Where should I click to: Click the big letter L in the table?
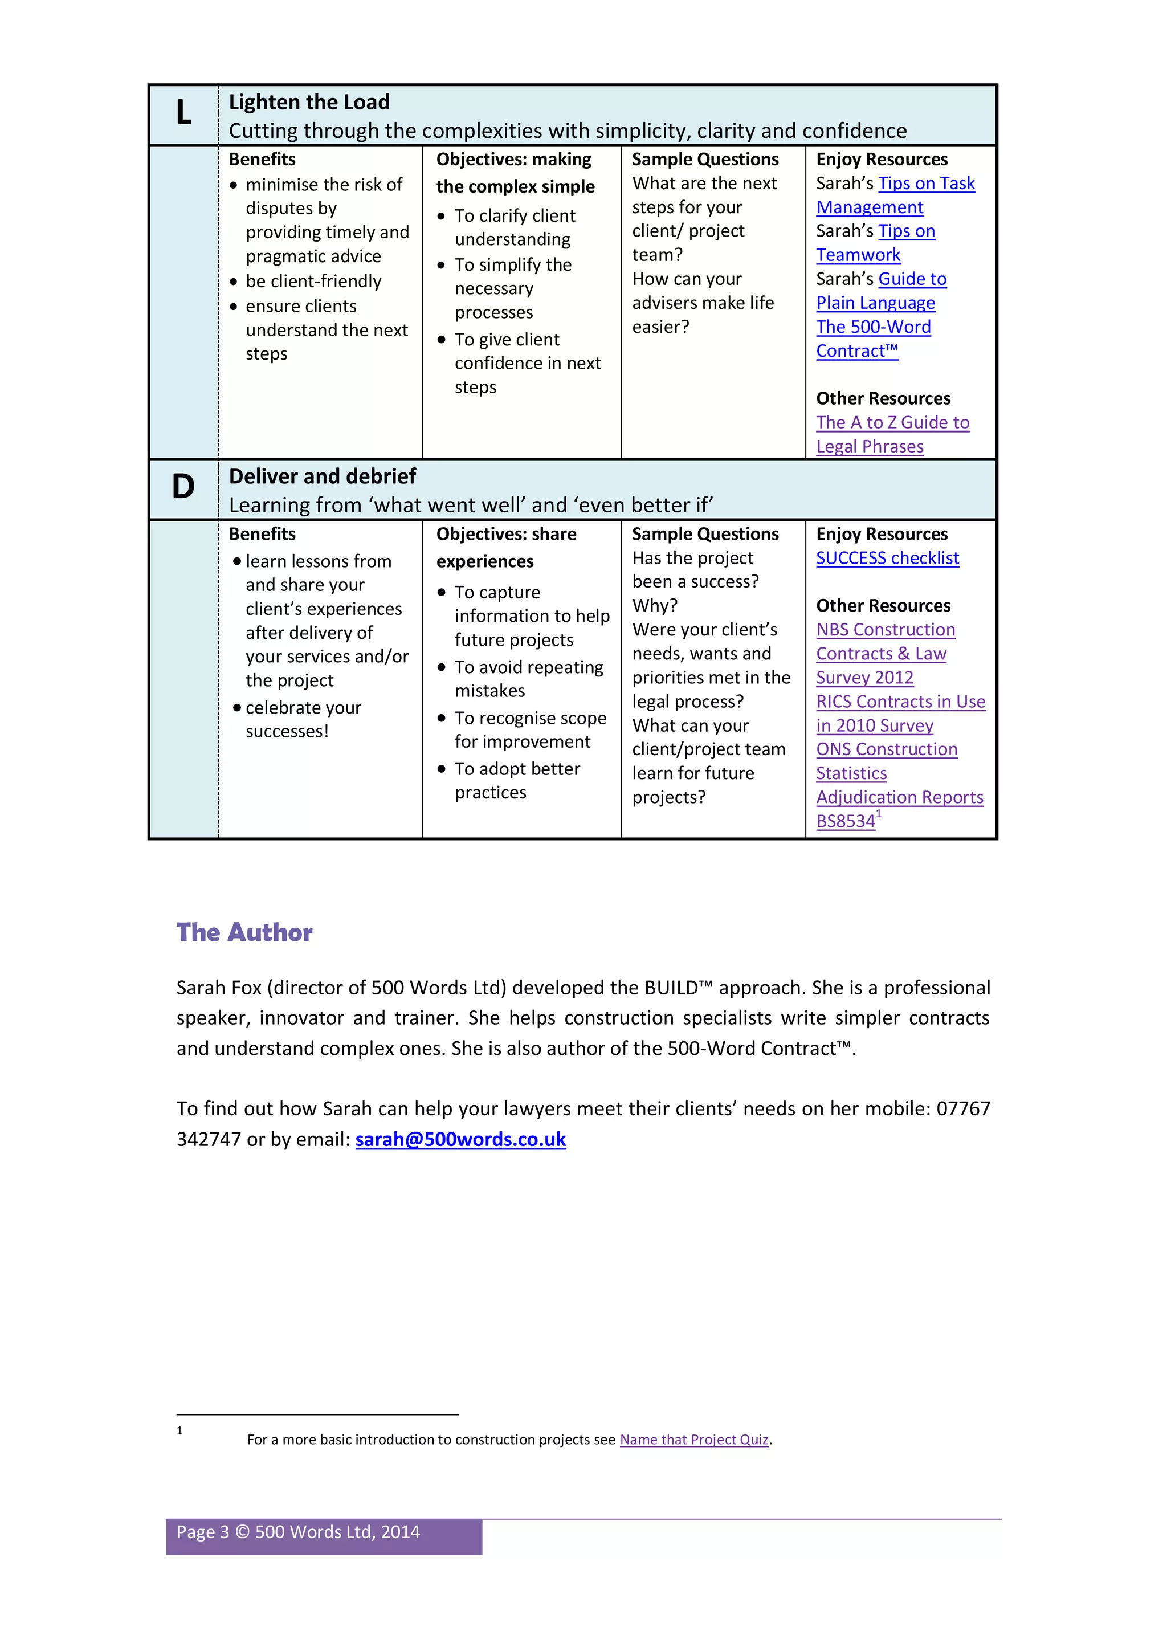(183, 113)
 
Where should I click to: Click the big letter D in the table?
(183, 487)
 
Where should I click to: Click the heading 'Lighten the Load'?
(309, 102)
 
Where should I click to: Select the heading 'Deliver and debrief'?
(322, 476)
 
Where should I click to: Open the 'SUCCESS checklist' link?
(887, 558)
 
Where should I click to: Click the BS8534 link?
(845, 821)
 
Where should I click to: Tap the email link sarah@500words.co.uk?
(460, 1139)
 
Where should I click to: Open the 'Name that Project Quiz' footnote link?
(694, 1440)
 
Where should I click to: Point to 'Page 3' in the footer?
(203, 1532)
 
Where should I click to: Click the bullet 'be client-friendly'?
(313, 281)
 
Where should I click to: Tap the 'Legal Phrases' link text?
(870, 447)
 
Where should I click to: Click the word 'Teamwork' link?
(858, 255)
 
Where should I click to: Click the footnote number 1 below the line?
(179, 1430)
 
